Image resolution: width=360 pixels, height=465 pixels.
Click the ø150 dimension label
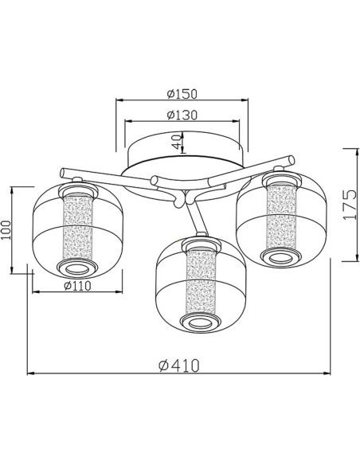click(x=182, y=94)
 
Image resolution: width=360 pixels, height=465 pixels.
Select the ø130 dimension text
click(x=182, y=115)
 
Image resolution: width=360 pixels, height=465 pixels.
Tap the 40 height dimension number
click(x=177, y=142)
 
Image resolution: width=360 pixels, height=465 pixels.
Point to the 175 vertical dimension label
click(x=350, y=205)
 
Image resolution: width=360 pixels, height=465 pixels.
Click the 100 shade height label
click(x=6, y=229)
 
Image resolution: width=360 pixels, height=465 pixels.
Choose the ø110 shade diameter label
click(x=77, y=286)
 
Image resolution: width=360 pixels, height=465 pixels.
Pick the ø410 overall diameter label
click(x=179, y=365)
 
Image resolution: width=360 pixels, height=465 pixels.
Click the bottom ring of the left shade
click(x=77, y=268)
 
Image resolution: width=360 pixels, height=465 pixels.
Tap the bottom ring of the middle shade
click(x=201, y=323)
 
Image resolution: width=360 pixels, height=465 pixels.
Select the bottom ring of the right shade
click(x=281, y=259)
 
